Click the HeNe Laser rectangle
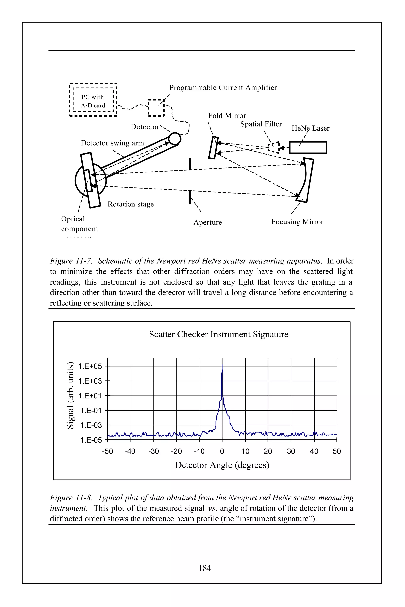tap(308, 148)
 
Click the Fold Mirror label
tap(227, 116)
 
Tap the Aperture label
tap(207, 222)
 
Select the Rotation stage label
tap(131, 204)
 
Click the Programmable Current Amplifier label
tap(223, 88)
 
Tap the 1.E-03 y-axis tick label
tap(91, 425)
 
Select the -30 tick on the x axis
tap(153, 451)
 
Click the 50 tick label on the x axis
tap(337, 451)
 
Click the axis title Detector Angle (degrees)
tap(222, 465)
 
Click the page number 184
tap(205, 568)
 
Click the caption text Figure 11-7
tap(71, 261)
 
